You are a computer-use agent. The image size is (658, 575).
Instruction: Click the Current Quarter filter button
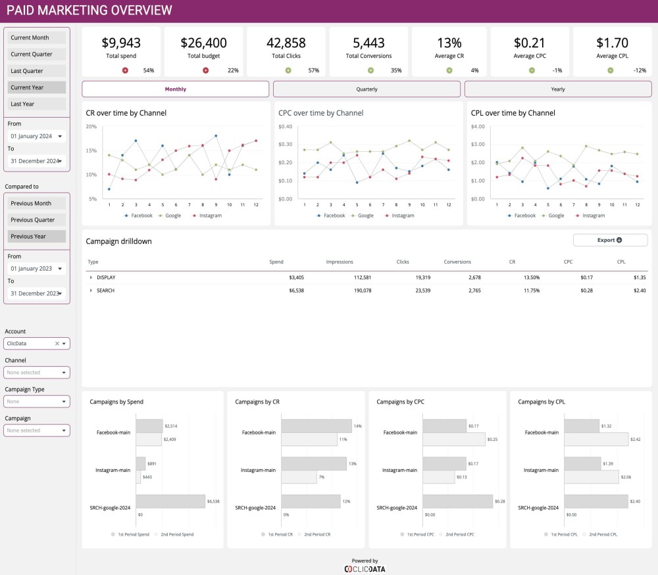(x=37, y=55)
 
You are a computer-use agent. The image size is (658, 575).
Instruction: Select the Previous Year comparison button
(x=37, y=237)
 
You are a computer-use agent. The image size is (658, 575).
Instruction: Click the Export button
(x=610, y=241)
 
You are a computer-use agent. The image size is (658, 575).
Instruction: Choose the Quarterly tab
(x=367, y=89)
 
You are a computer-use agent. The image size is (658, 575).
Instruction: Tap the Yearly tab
(x=558, y=89)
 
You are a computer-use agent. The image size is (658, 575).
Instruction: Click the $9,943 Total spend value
(x=121, y=43)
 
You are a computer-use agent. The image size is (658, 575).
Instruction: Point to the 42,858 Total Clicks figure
(x=286, y=43)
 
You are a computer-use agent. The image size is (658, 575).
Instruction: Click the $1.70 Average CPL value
(x=612, y=43)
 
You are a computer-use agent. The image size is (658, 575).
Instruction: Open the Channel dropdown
(x=36, y=373)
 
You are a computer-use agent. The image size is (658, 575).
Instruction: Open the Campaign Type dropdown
(x=36, y=402)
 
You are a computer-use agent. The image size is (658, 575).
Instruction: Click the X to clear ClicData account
(x=57, y=344)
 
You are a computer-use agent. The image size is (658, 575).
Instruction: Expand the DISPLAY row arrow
(x=91, y=277)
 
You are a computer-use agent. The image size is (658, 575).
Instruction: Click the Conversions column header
(x=457, y=262)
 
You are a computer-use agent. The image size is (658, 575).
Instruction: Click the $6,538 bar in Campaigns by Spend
(x=170, y=501)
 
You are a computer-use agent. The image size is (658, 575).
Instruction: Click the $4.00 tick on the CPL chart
(x=478, y=126)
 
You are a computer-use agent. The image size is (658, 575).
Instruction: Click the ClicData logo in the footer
(x=365, y=568)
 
